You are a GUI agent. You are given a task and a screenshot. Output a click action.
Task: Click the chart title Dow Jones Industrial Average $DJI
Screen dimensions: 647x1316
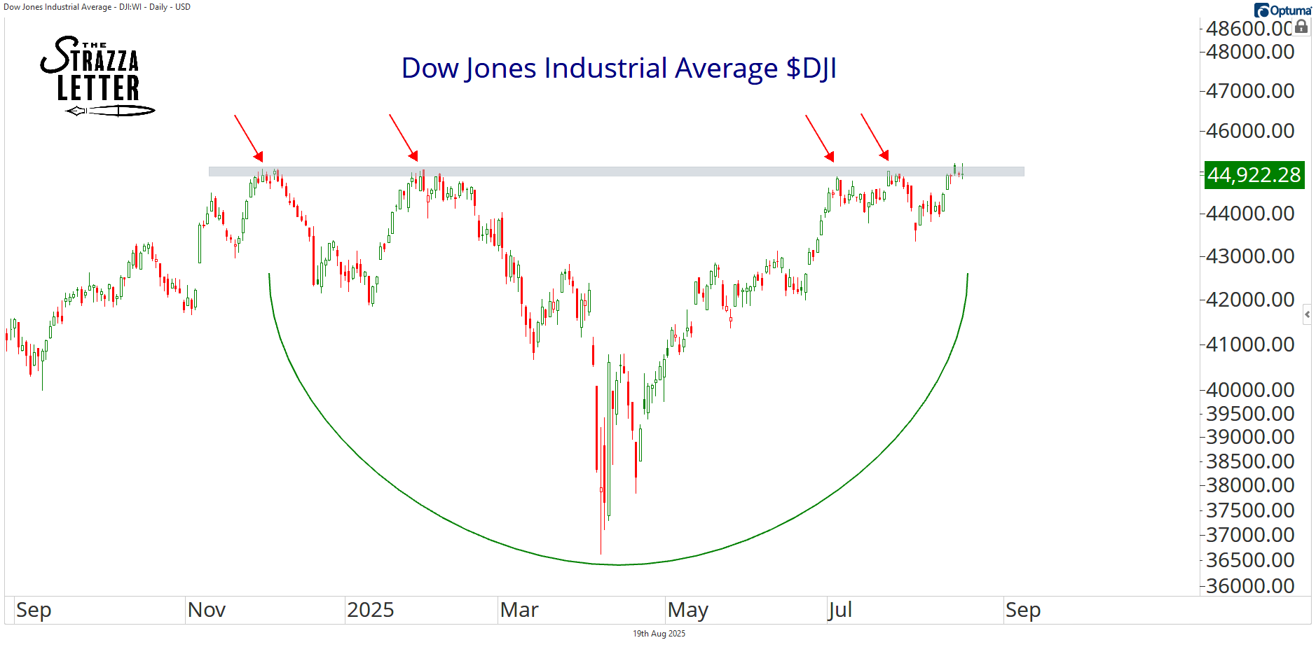[x=619, y=69]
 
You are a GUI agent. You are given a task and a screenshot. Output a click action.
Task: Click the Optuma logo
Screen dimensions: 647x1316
[x=1282, y=10]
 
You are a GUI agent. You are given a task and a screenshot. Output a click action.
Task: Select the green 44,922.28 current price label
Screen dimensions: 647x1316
[x=1253, y=174]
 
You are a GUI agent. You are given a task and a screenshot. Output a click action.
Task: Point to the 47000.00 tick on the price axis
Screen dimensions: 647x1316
[x=1249, y=91]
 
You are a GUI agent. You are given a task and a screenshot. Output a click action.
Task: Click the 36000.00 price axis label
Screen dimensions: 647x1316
[x=1249, y=585]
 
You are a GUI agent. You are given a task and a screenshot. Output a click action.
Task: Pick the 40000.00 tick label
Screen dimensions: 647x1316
[x=1249, y=390]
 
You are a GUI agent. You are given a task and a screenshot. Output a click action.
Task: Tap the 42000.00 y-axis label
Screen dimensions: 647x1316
[x=1249, y=300]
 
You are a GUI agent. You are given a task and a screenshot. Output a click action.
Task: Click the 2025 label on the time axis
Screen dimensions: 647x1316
[x=370, y=610]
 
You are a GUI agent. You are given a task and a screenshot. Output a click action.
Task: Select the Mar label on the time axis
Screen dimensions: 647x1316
[x=519, y=610]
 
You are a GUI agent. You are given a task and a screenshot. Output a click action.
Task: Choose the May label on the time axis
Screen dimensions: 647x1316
[x=687, y=610]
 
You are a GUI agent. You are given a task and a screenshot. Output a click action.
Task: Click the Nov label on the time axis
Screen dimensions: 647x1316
[x=207, y=610]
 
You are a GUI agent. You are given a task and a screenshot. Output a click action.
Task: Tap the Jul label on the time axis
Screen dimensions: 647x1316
[x=839, y=610]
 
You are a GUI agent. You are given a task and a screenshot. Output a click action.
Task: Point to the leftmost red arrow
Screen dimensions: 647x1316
[x=249, y=138]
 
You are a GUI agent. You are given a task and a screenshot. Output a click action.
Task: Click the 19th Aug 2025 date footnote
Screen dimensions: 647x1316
[x=659, y=634]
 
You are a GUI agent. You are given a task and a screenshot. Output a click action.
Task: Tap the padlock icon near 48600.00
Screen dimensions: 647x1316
[x=1301, y=27]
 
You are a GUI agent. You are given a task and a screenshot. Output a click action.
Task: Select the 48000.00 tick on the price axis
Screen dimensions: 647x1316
[x=1249, y=52]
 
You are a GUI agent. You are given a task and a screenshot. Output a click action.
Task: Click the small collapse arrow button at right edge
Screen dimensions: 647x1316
[x=1307, y=314]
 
